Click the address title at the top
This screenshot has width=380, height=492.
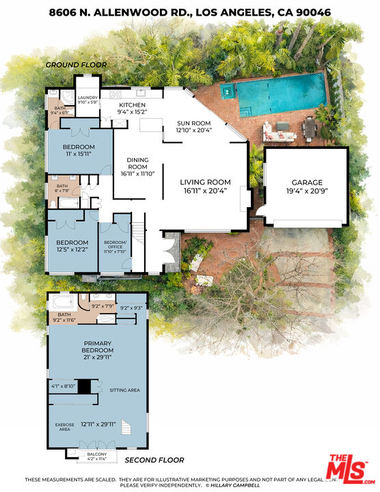[x=189, y=12]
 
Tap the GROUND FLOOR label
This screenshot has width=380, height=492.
[x=76, y=65]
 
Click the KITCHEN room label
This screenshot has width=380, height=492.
[x=132, y=105]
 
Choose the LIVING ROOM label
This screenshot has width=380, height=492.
[x=205, y=182]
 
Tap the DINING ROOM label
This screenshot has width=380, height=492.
[x=137, y=164]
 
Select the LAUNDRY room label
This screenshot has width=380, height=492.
[x=88, y=98]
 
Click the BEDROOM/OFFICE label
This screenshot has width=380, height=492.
[x=115, y=243]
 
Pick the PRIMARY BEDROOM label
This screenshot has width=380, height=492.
[x=97, y=347]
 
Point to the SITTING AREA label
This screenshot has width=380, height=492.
[x=124, y=390]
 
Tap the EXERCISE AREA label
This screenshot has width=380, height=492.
[x=64, y=427]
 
